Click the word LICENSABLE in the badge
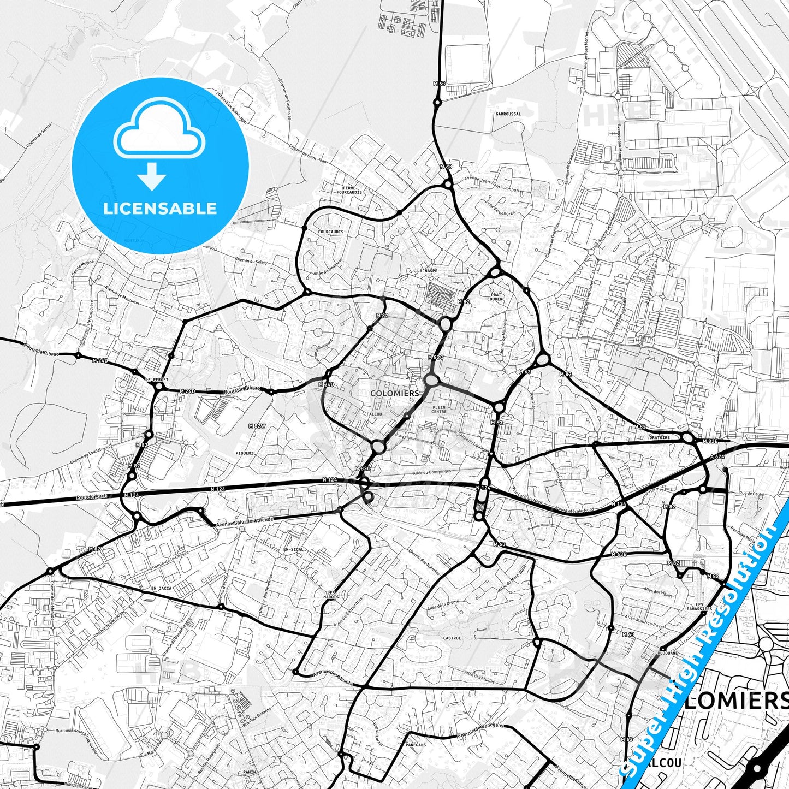tap(160, 208)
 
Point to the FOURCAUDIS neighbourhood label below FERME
tap(330, 232)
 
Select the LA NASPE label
tap(427, 270)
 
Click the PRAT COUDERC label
tap(497, 297)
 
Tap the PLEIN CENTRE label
tap(439, 409)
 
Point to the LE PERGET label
tap(157, 379)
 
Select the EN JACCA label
tap(161, 588)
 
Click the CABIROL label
tap(452, 638)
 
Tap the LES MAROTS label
tap(331, 595)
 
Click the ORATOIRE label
tap(660, 437)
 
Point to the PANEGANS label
tap(416, 744)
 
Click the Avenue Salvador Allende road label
tap(245, 522)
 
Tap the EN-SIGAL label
tap(293, 549)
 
